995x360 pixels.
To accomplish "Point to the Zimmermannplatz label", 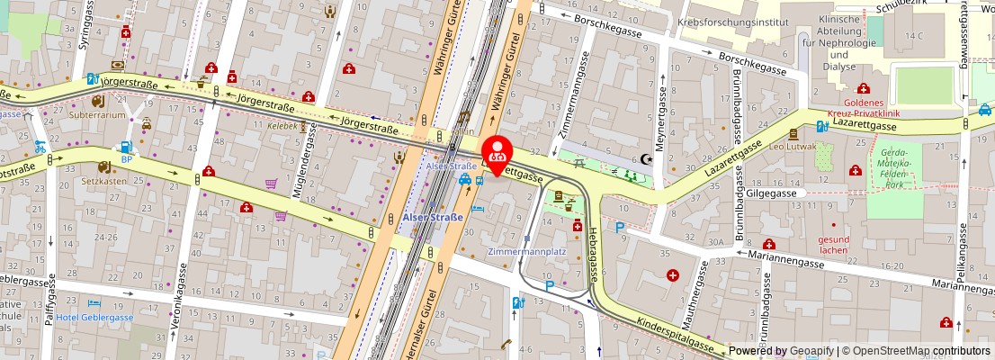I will [x=527, y=251].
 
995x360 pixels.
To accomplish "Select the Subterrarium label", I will [x=100, y=115].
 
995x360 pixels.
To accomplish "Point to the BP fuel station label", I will [x=127, y=158].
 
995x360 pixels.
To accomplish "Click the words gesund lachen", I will [x=833, y=245].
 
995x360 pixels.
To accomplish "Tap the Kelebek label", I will [x=282, y=127].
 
